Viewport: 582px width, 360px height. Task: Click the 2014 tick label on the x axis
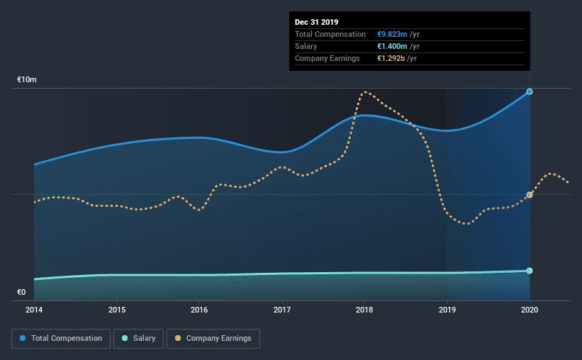coord(34,310)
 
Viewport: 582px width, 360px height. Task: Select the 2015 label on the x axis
coord(117,310)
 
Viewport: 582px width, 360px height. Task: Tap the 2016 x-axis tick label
coord(199,310)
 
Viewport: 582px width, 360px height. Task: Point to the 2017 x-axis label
coord(282,310)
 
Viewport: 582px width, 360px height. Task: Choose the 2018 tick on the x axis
coord(364,310)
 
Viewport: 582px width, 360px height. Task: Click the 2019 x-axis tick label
coord(447,310)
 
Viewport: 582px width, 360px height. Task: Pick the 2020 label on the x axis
coord(530,310)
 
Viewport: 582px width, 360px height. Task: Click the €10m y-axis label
coord(27,80)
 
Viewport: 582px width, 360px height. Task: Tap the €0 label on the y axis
coord(21,292)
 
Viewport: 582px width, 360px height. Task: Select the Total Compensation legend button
coord(61,339)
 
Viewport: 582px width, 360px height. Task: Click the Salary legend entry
coord(139,339)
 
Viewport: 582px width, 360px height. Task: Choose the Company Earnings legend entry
coord(213,339)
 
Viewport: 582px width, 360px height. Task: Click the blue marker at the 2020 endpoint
coord(530,91)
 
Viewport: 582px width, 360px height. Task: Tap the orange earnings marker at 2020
coord(530,195)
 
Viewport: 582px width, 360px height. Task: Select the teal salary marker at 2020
coord(530,271)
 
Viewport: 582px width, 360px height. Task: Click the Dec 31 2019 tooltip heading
coord(317,22)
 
